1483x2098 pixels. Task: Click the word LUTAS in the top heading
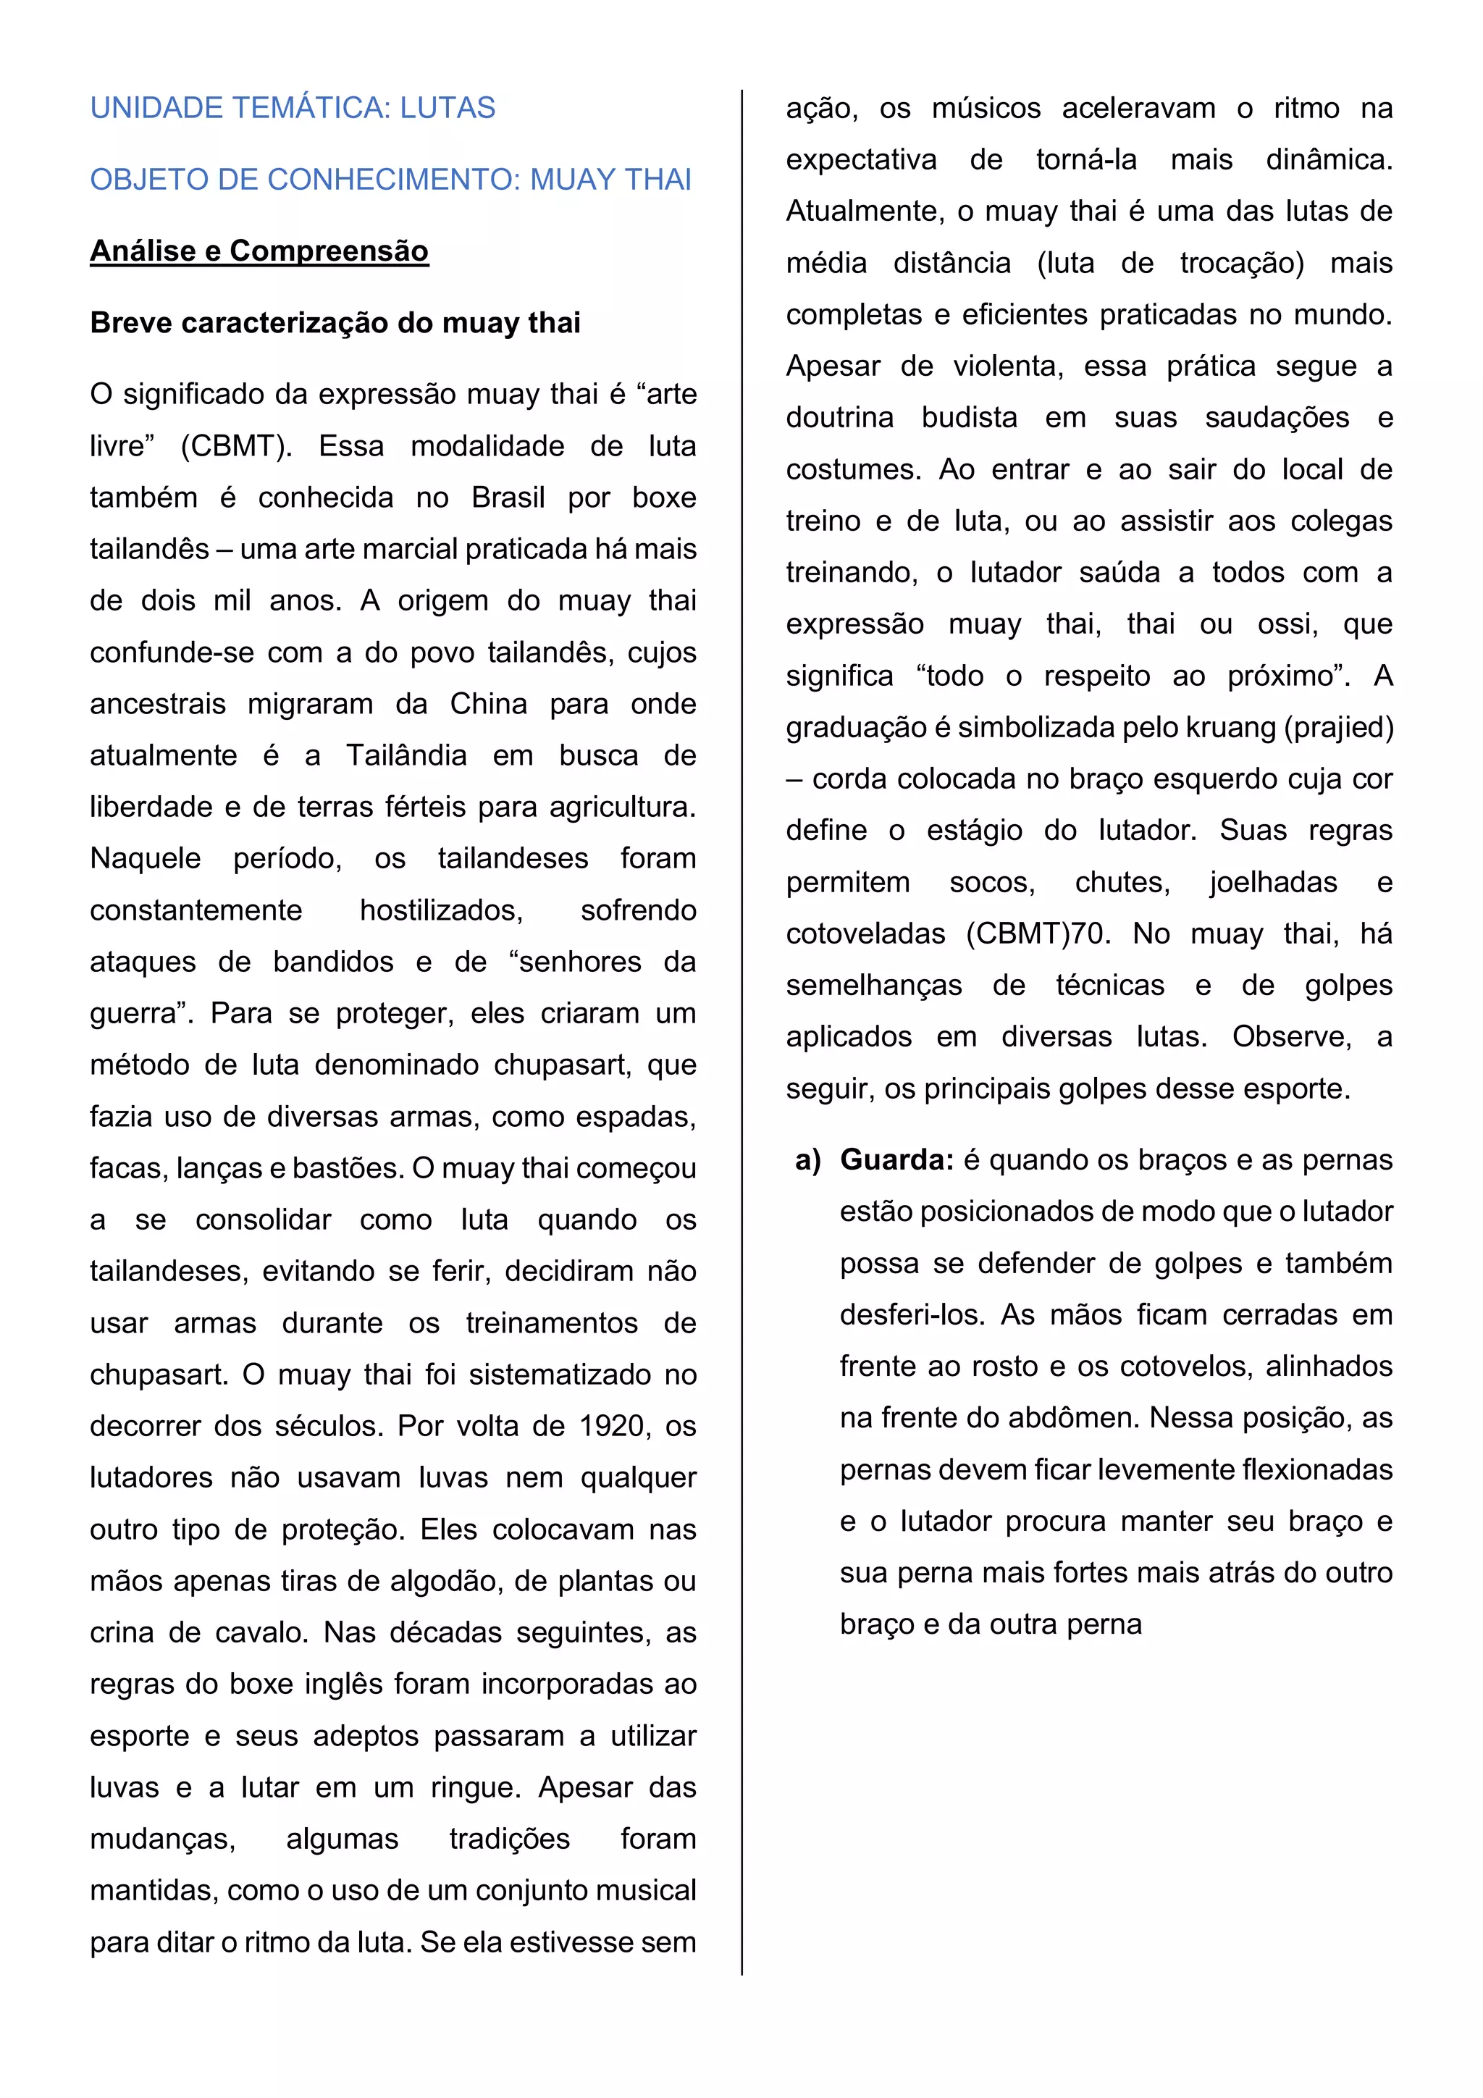(447, 108)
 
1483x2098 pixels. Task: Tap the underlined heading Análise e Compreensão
(259, 251)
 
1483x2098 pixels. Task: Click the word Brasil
(508, 498)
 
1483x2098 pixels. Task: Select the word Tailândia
(406, 755)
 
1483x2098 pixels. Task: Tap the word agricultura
(621, 807)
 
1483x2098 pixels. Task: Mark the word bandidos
(334, 962)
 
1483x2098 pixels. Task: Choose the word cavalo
(263, 1633)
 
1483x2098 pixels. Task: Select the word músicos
(986, 109)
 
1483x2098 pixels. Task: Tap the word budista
(969, 418)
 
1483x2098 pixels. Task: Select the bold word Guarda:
(896, 1160)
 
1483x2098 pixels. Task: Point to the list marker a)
(807, 1160)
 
